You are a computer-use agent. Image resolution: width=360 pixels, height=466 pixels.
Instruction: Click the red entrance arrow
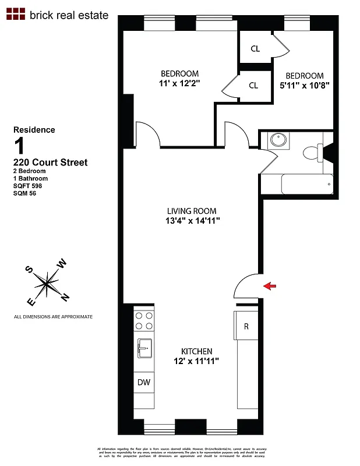coord(270,285)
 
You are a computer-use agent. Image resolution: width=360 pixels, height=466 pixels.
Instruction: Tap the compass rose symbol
coord(47,285)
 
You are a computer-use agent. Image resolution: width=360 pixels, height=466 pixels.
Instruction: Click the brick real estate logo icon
coord(16,15)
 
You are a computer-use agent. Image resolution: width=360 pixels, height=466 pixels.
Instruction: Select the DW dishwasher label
coord(144,383)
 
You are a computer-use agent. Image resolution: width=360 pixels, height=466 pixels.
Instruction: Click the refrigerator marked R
coord(246,326)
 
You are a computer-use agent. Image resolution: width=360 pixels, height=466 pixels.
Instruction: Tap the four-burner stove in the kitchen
coord(144,322)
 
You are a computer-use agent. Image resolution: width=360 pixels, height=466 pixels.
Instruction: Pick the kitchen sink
coord(144,349)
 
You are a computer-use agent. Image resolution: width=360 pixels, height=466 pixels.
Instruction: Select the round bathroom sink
coord(277,141)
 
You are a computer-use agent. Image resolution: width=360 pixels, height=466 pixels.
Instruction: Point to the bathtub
coord(307,184)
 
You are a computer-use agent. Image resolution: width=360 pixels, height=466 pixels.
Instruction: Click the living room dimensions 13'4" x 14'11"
coord(192,221)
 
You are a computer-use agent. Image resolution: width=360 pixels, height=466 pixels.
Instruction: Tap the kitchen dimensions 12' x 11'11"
coord(196,361)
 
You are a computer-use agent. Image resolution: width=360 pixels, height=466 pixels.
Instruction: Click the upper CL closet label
coord(255,49)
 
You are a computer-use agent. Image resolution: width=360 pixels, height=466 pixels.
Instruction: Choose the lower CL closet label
coord(253,86)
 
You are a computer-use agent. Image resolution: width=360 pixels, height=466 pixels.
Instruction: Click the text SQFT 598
coord(27,186)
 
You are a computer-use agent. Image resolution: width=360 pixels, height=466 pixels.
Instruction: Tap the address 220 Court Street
coord(50,163)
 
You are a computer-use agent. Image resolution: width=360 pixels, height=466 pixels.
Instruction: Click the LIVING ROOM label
coord(192,211)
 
